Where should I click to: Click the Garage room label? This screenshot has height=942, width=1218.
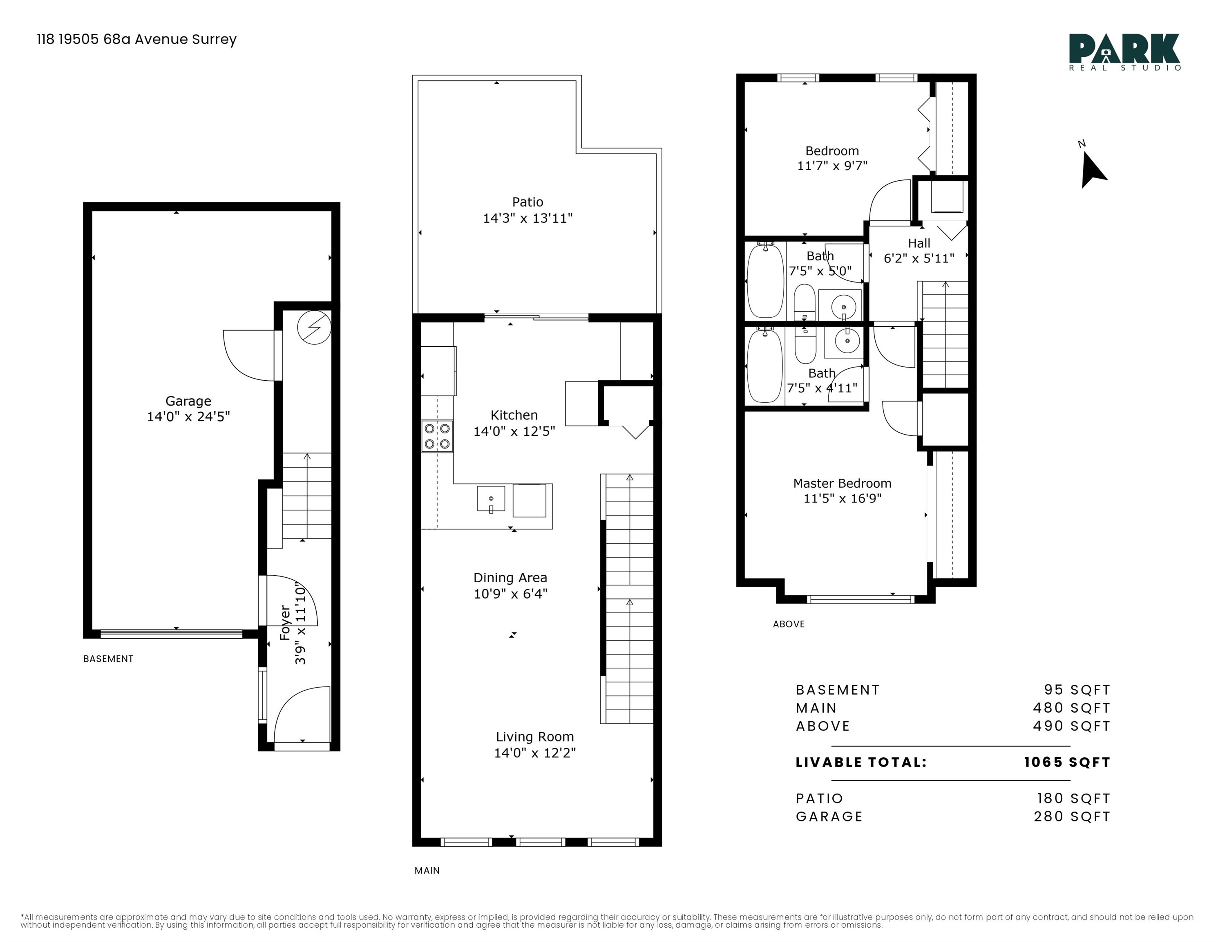[x=188, y=401]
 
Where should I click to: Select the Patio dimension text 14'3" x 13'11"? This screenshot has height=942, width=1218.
[x=527, y=218]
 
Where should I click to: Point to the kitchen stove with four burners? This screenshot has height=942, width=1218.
[x=437, y=436]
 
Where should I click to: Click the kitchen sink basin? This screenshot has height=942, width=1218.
[x=491, y=498]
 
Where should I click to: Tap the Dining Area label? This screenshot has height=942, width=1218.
[x=510, y=578]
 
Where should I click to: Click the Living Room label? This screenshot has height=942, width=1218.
[x=535, y=737]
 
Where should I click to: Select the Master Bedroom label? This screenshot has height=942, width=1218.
[x=842, y=483]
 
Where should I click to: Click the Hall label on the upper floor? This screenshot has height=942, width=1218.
[x=919, y=243]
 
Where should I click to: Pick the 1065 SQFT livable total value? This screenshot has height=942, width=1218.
[x=1067, y=762]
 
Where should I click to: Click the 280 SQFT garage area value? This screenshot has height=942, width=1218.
[x=1072, y=816]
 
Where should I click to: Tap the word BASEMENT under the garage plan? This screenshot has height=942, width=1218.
[x=108, y=659]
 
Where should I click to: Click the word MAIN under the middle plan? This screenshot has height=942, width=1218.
[x=427, y=870]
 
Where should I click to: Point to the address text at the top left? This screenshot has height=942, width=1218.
[x=136, y=39]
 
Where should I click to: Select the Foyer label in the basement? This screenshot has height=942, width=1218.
[x=285, y=623]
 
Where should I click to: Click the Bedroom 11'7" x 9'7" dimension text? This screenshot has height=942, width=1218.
[x=832, y=166]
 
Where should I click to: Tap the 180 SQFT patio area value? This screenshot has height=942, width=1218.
[x=1073, y=798]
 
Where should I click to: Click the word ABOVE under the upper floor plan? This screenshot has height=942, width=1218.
[x=789, y=624]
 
